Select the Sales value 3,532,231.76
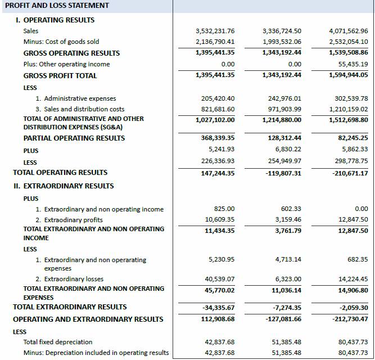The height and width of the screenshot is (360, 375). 215,31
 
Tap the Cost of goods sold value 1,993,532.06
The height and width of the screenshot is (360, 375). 282,42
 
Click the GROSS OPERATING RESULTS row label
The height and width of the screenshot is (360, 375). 71,53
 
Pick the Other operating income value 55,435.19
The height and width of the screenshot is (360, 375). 349,64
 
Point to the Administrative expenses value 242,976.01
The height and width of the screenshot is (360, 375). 282,98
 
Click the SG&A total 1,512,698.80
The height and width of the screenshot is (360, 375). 349,120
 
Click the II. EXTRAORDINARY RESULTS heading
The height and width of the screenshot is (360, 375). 63,186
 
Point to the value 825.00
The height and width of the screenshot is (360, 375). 224,209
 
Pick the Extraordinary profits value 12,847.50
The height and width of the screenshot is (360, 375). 353,219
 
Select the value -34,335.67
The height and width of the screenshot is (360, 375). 218,308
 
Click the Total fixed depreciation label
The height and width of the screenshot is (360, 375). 58,342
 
